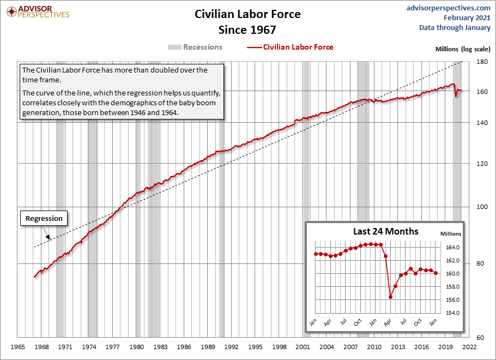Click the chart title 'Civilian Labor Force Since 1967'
[x=247, y=22]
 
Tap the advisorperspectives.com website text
[x=449, y=8]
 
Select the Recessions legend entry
[x=195, y=47]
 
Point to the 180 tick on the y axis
[x=482, y=62]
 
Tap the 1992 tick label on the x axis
[x=231, y=346]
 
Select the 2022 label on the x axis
[x=469, y=346]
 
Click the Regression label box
[x=45, y=218]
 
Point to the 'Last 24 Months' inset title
[x=386, y=231]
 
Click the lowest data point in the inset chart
[x=391, y=297]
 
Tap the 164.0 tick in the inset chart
[x=446, y=248]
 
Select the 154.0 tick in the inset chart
[x=446, y=313]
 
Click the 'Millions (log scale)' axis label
[x=463, y=49]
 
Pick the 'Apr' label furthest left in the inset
[x=328, y=322]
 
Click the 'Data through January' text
[x=455, y=28]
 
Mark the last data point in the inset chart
[x=436, y=273]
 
